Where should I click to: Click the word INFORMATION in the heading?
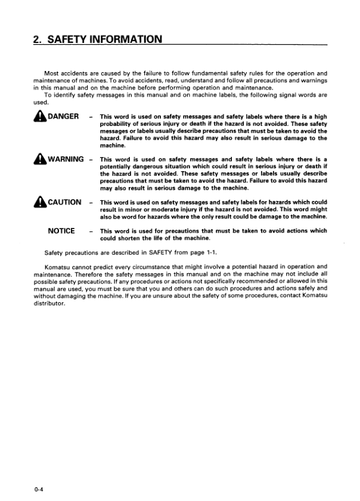(123, 40)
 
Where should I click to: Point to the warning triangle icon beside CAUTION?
(39, 202)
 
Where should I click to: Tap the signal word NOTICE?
(61, 230)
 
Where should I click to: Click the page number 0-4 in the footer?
(39, 490)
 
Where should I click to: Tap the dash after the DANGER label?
(90, 117)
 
